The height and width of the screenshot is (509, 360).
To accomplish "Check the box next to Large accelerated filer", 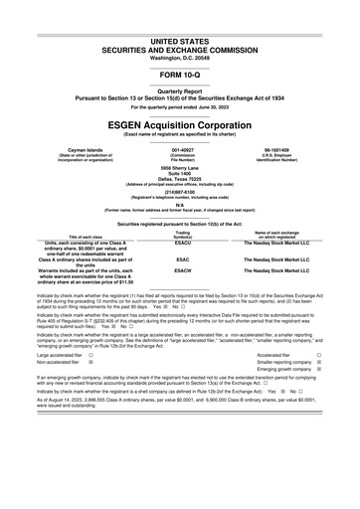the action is tap(90, 382).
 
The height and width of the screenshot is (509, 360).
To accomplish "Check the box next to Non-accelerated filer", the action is tap(90, 391).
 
